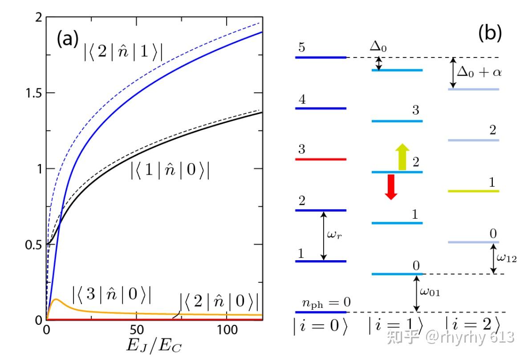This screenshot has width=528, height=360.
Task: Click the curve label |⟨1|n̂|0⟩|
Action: click(170, 171)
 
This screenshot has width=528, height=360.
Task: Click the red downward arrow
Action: click(390, 187)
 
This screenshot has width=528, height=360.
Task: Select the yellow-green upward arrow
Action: click(402, 157)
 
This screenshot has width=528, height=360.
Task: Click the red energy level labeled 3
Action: click(321, 159)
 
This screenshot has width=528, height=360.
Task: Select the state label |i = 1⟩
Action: click(396, 326)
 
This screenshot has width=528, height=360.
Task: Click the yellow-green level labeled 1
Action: click(473, 191)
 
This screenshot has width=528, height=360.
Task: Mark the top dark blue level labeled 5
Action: click(321, 57)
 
